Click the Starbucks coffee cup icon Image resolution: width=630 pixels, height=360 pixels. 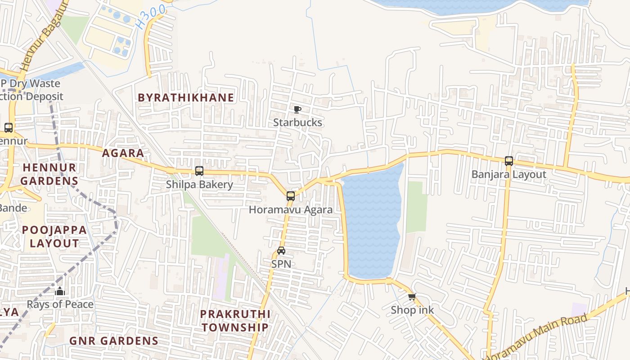coord(297,109)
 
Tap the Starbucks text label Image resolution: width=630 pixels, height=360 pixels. coord(297,122)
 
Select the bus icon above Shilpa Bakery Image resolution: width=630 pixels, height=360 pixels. coord(199,171)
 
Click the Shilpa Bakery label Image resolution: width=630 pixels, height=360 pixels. coord(199,184)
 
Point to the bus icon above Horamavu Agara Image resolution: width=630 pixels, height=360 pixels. coord(291,196)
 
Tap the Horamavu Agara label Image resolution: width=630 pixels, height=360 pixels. coord(291,210)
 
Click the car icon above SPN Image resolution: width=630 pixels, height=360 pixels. coord(281,251)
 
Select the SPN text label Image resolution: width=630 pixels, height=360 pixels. coord(281,264)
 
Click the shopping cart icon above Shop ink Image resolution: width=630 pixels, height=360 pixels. coord(412,297)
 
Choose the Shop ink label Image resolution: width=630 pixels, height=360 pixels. coord(412,310)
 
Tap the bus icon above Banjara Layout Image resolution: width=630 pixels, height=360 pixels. coord(509,161)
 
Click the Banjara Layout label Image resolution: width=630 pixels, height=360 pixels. coord(509,175)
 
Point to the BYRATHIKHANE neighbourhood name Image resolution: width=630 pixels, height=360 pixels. coord(186,98)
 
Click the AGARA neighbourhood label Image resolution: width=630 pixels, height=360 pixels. coord(123,153)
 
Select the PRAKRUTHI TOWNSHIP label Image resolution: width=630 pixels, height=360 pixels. coord(235,320)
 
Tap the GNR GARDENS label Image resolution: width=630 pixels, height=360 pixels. coord(114,341)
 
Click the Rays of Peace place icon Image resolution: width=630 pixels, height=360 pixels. coord(60,292)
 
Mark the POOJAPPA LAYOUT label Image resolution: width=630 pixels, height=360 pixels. coord(54,237)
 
